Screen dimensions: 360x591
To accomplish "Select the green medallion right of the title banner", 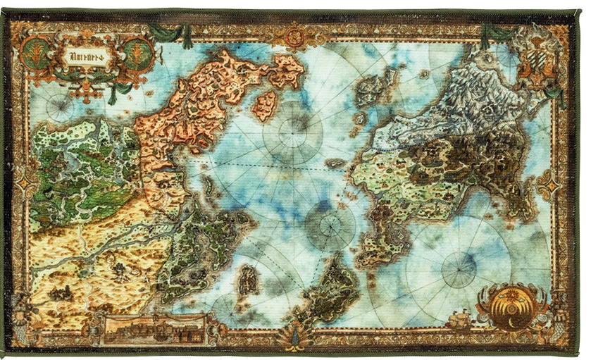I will click(x=138, y=53).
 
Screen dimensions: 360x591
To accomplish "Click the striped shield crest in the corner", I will click(x=538, y=52).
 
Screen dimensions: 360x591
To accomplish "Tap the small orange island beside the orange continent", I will click(x=265, y=104).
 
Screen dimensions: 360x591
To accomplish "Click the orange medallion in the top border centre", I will click(x=294, y=32).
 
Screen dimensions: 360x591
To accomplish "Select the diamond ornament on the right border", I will click(x=548, y=185).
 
